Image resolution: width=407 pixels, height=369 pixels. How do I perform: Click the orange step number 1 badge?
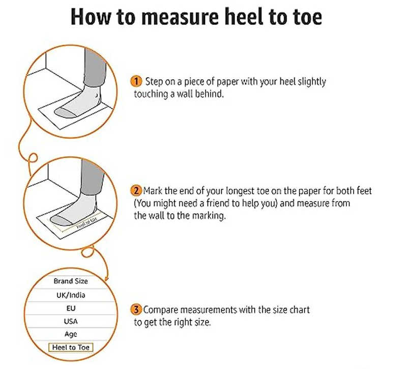click(136, 81)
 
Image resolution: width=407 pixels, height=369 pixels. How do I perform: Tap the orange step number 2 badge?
click(136, 191)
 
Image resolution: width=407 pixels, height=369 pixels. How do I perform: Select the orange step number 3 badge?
click(136, 310)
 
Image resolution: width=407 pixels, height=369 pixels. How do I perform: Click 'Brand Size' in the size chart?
click(71, 281)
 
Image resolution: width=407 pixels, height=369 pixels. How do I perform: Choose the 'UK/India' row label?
click(71, 295)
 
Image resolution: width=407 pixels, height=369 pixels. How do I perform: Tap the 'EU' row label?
click(71, 308)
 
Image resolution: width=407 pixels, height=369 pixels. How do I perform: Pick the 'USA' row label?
click(71, 321)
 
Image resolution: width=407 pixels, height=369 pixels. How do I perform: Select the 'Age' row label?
click(71, 334)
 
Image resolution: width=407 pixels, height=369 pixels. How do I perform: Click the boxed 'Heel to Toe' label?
click(71, 348)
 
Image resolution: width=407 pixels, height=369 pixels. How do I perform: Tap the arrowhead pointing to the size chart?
click(106, 279)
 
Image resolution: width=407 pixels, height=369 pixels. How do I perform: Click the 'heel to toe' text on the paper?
click(87, 223)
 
